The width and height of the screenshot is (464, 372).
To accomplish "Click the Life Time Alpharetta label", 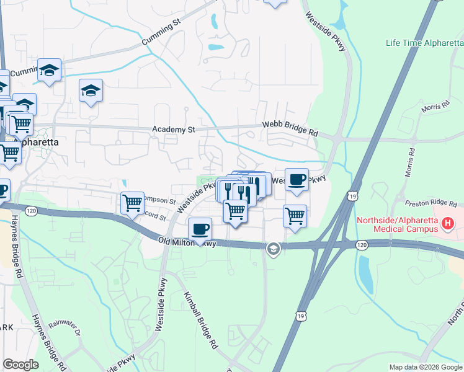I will click(424, 43).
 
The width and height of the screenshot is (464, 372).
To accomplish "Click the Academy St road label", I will click(174, 130).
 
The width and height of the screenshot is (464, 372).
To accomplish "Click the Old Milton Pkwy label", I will click(187, 242).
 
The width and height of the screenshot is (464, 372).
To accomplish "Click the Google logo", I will click(20, 365).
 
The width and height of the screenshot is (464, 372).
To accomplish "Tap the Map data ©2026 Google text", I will click(426, 367).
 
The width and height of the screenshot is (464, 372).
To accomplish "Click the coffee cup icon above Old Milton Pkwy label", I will click(200, 229).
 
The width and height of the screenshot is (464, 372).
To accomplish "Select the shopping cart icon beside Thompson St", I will click(133, 202).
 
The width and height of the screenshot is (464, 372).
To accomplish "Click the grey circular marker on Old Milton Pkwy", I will click(272, 249).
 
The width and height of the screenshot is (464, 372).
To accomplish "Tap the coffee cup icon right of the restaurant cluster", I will click(297, 179).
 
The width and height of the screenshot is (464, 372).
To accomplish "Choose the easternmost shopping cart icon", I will click(295, 216).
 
